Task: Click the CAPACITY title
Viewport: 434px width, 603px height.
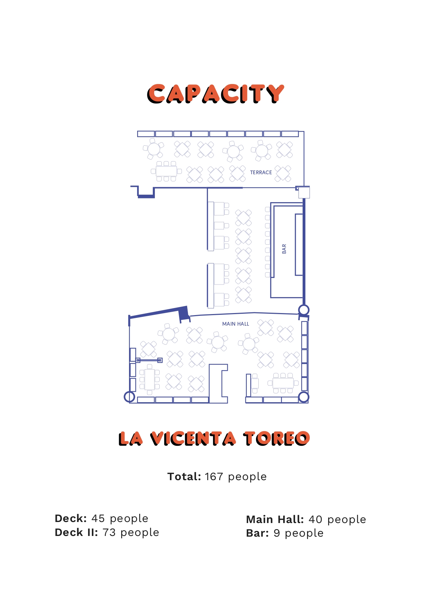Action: click(x=215, y=94)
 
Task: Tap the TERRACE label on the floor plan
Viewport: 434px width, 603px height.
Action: click(x=261, y=173)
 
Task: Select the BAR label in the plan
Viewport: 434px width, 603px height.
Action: click(x=284, y=249)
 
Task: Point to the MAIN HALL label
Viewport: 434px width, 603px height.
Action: click(x=236, y=324)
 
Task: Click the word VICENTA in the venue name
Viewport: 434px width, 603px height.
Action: click(x=193, y=439)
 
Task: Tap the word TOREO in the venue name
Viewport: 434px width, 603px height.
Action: click(x=276, y=439)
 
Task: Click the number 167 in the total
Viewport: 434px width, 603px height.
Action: click(x=214, y=477)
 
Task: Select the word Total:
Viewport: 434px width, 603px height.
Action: click(x=184, y=477)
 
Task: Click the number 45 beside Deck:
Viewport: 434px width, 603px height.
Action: click(x=98, y=519)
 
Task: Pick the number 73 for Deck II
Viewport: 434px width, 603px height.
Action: click(x=109, y=533)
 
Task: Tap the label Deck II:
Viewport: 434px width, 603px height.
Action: click(x=77, y=533)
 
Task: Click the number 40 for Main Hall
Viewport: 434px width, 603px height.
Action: click(x=315, y=520)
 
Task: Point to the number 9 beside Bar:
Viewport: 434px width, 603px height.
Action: click(x=277, y=533)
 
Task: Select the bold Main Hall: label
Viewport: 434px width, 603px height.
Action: click(x=275, y=520)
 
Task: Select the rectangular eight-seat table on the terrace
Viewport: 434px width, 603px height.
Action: click(x=166, y=171)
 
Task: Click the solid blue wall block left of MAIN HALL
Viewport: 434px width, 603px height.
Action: click(x=184, y=314)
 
